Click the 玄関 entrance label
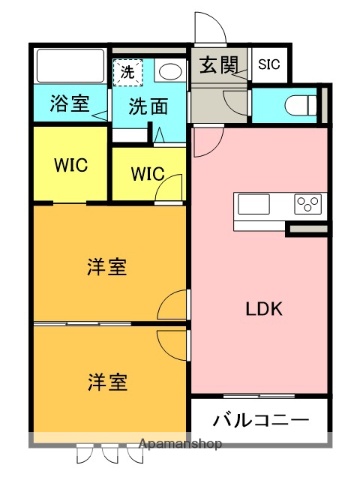[x=218, y=68]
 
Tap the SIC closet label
[x=269, y=66]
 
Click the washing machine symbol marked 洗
[x=129, y=71]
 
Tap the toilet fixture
[x=299, y=103]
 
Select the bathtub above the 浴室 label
[x=69, y=67]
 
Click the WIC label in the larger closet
[x=69, y=163]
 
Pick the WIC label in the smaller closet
[x=148, y=173]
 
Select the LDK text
[x=265, y=309]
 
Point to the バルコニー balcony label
[x=259, y=420]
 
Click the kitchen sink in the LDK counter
[x=253, y=204]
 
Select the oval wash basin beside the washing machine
[x=169, y=71]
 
